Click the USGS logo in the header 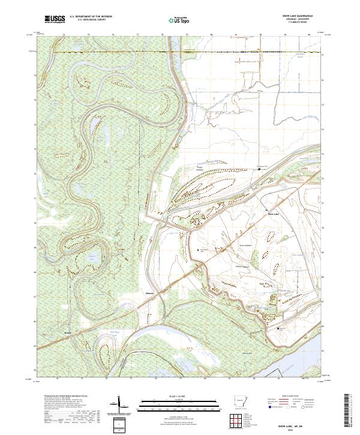click(x=55, y=20)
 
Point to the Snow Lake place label click(x=273, y=213)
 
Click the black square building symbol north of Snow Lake click(x=259, y=169)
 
